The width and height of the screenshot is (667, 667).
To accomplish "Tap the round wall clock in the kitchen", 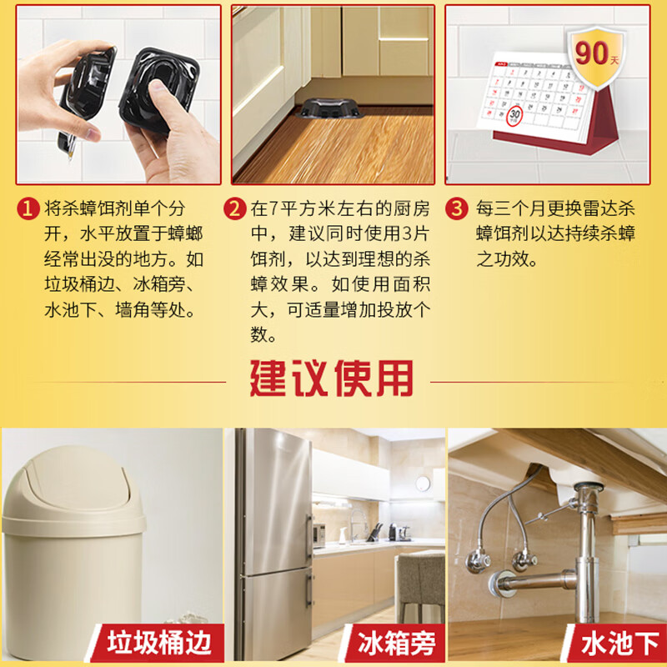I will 423,483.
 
